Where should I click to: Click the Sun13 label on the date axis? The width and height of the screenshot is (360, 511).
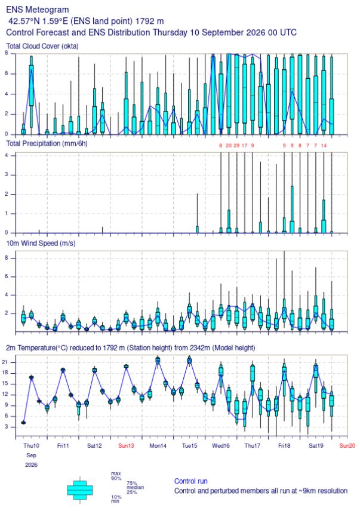click(x=126, y=445)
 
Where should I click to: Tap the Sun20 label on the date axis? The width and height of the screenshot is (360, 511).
click(x=347, y=445)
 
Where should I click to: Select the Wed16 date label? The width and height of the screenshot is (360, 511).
click(x=220, y=445)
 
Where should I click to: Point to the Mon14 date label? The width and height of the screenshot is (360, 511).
click(x=158, y=445)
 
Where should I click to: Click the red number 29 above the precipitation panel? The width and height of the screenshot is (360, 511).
click(x=236, y=146)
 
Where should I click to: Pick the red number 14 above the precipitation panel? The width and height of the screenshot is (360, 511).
click(x=324, y=146)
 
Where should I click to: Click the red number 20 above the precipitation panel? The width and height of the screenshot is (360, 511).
click(x=229, y=146)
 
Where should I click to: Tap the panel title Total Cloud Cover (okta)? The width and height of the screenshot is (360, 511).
click(x=42, y=47)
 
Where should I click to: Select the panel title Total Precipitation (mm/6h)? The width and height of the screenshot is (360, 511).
click(x=47, y=144)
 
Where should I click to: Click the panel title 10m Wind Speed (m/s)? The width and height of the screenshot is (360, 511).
click(x=41, y=244)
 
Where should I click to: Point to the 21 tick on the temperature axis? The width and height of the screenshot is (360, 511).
click(x=10, y=362)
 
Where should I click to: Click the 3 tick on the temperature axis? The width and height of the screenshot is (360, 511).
click(x=11, y=427)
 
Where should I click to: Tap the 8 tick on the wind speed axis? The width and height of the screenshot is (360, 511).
click(x=11, y=258)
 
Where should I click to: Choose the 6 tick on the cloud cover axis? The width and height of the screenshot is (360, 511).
click(x=7, y=73)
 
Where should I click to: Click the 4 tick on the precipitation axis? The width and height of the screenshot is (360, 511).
click(x=11, y=155)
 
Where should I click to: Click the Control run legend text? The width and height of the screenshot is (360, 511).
click(x=190, y=481)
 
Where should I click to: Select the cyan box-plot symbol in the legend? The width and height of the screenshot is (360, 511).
click(x=80, y=490)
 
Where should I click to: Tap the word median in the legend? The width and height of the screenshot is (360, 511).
click(x=135, y=488)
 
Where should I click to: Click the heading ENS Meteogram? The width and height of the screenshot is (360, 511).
click(x=38, y=10)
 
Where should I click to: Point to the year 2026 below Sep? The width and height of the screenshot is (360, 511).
click(x=31, y=465)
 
